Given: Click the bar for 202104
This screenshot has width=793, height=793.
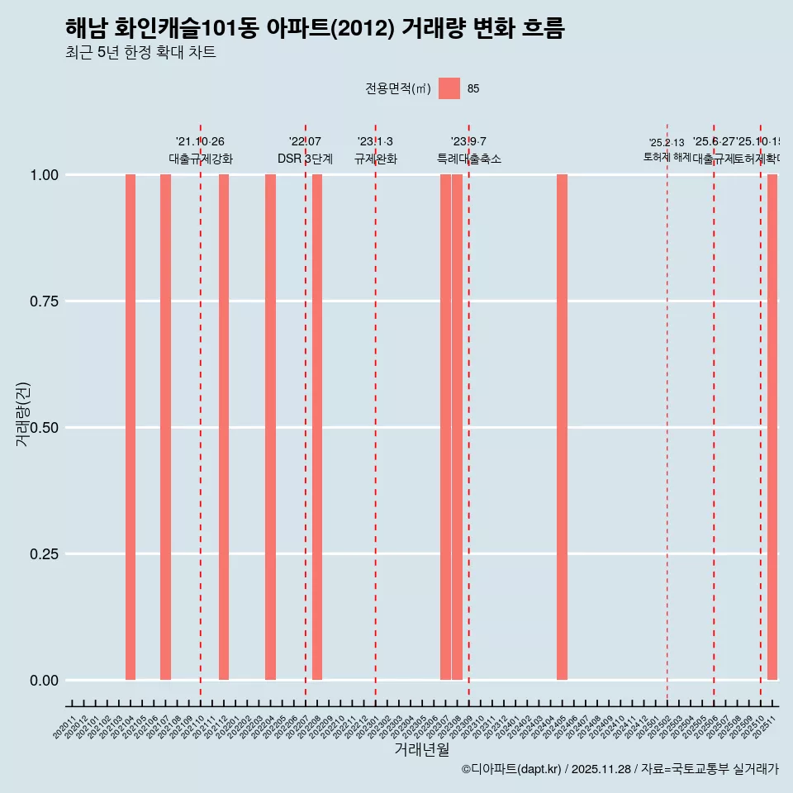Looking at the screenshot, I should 131,427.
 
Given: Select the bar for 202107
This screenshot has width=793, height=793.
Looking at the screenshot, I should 165,427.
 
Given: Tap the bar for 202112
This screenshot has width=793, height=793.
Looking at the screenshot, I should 224,427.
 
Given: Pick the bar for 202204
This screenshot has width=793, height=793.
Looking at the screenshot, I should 270,427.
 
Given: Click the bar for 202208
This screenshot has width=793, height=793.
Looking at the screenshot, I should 317,427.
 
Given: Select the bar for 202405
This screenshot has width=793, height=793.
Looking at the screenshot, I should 562,427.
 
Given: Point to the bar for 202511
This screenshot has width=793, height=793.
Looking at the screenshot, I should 772,427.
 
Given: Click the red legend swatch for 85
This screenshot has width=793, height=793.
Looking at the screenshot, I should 449,88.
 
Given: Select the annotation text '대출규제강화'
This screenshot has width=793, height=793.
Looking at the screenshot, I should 201,159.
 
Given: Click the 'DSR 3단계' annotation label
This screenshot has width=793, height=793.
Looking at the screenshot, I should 305,159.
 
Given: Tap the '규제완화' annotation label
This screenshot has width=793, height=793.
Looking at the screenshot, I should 376,159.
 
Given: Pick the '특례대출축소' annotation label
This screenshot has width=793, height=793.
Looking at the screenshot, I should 469,159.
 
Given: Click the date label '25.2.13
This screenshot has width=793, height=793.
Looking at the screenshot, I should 667,143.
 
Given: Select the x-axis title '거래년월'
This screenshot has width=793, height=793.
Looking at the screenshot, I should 422,749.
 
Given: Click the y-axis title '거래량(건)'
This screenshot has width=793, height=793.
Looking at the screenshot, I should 22,415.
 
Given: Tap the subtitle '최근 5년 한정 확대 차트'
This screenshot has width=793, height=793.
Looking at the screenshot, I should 140,53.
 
